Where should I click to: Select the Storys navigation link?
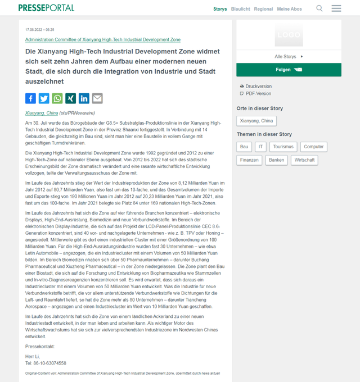coord(220,9)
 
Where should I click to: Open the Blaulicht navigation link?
coord(240,9)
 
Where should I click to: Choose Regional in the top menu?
coord(263,9)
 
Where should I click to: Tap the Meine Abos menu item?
coord(289,9)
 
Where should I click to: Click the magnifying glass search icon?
coord(319,8)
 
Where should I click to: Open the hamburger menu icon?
coord(336,8)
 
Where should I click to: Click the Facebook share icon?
coord(30,98)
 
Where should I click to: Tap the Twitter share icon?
coord(44,98)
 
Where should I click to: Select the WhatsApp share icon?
coord(57,98)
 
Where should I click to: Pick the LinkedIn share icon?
coord(84,98)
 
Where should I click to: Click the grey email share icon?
coord(97,98)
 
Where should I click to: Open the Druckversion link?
coord(258,87)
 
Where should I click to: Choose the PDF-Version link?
coord(258,93)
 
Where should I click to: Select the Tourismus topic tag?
coord(283,147)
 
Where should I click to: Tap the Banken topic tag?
coord(276,160)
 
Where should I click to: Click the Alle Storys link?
coord(287,57)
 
